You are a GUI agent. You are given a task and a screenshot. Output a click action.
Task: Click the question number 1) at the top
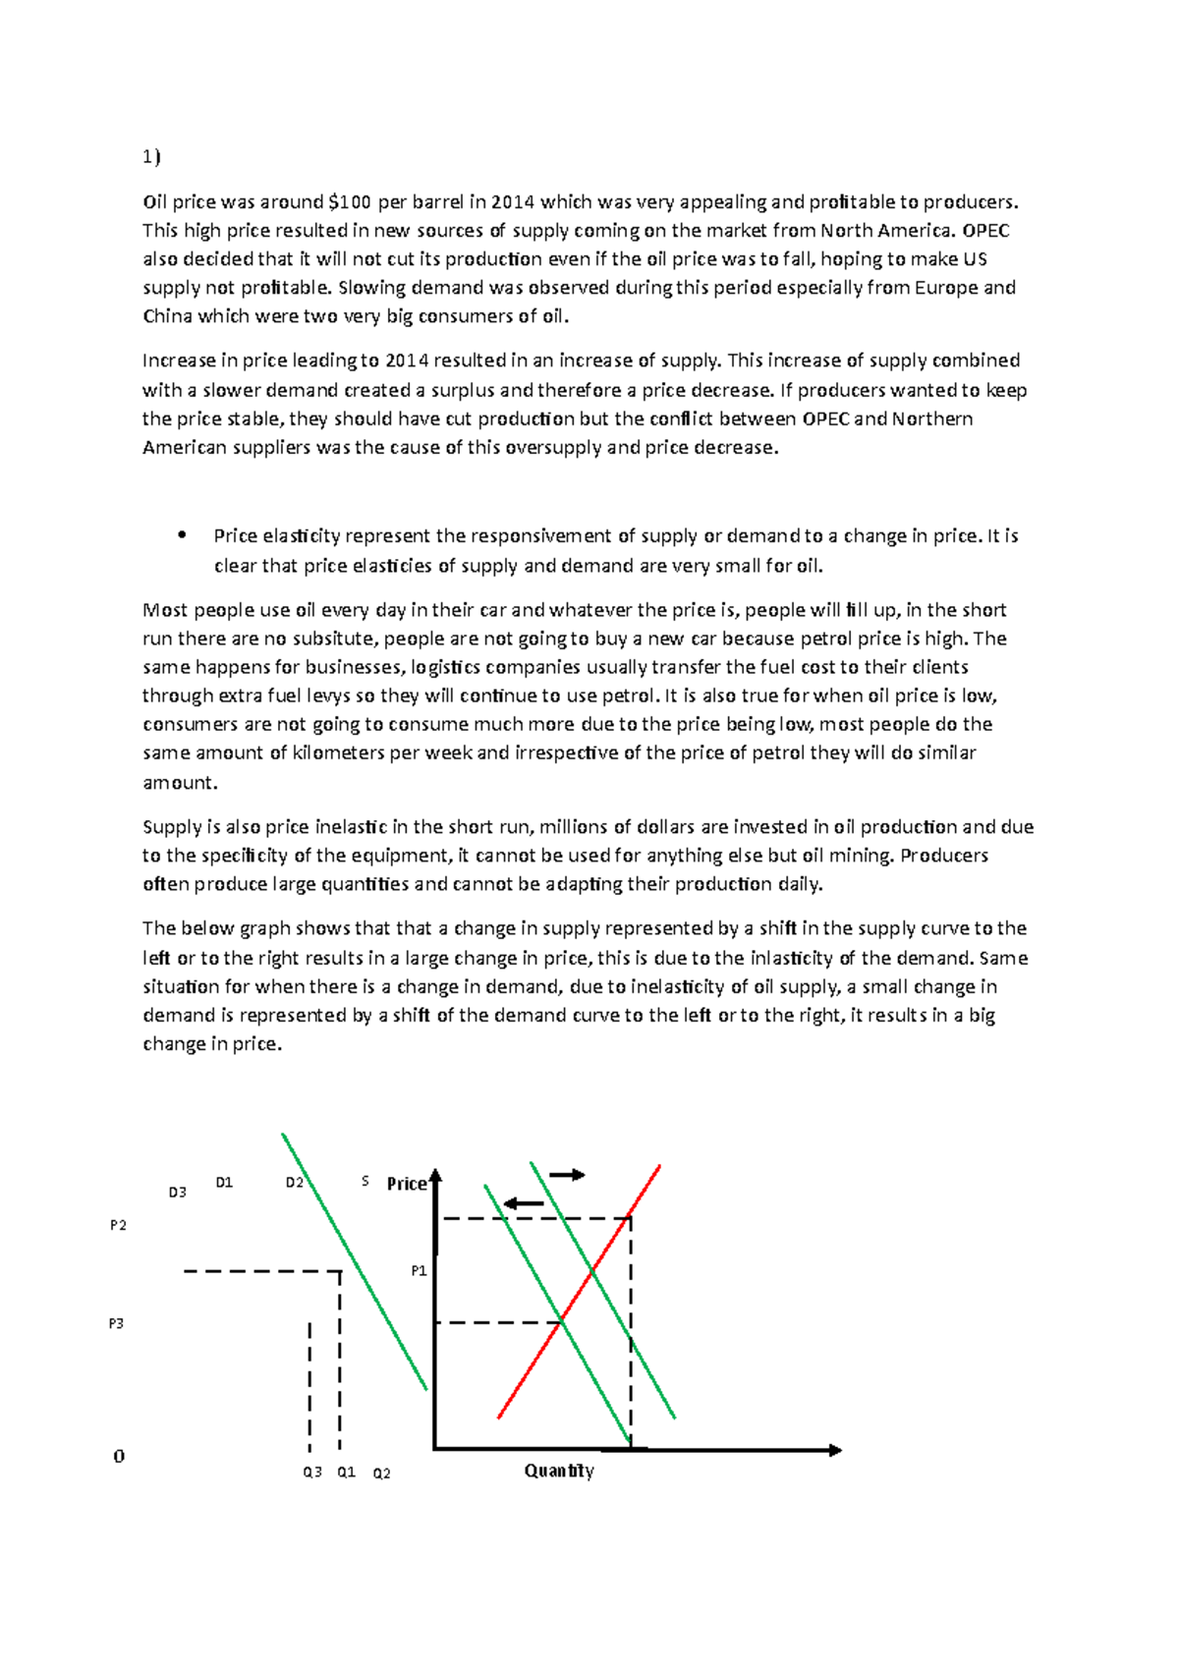pos(150,157)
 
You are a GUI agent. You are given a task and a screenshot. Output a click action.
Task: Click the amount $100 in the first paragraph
pos(350,202)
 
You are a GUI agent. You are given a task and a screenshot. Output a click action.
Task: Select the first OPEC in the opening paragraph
pos(986,231)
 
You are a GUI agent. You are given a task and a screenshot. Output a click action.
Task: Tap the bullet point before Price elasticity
pos(182,535)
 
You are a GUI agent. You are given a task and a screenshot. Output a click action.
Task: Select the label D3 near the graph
pos(177,1193)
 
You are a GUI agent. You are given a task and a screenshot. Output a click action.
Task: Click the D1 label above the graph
pos(224,1183)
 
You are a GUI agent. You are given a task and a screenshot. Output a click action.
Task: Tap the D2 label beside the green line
pos(294,1183)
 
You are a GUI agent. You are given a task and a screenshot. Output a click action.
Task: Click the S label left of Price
pos(365,1182)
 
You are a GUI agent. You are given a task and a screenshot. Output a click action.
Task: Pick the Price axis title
pos(406,1184)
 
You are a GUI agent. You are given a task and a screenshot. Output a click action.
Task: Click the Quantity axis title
pos(559,1471)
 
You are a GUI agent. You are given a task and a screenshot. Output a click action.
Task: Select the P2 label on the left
pos(118,1225)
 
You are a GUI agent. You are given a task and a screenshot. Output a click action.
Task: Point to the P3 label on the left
pos(116,1323)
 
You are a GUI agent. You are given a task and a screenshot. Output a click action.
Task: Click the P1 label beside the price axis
pos(419,1271)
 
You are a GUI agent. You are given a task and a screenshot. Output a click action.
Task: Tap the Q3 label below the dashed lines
pos(312,1473)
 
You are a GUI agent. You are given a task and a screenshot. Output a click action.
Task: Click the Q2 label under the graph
pos(381,1473)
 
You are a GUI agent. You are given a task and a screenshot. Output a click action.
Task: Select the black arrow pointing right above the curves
pos(567,1175)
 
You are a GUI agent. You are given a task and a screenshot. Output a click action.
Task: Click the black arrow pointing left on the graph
pos(523,1204)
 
